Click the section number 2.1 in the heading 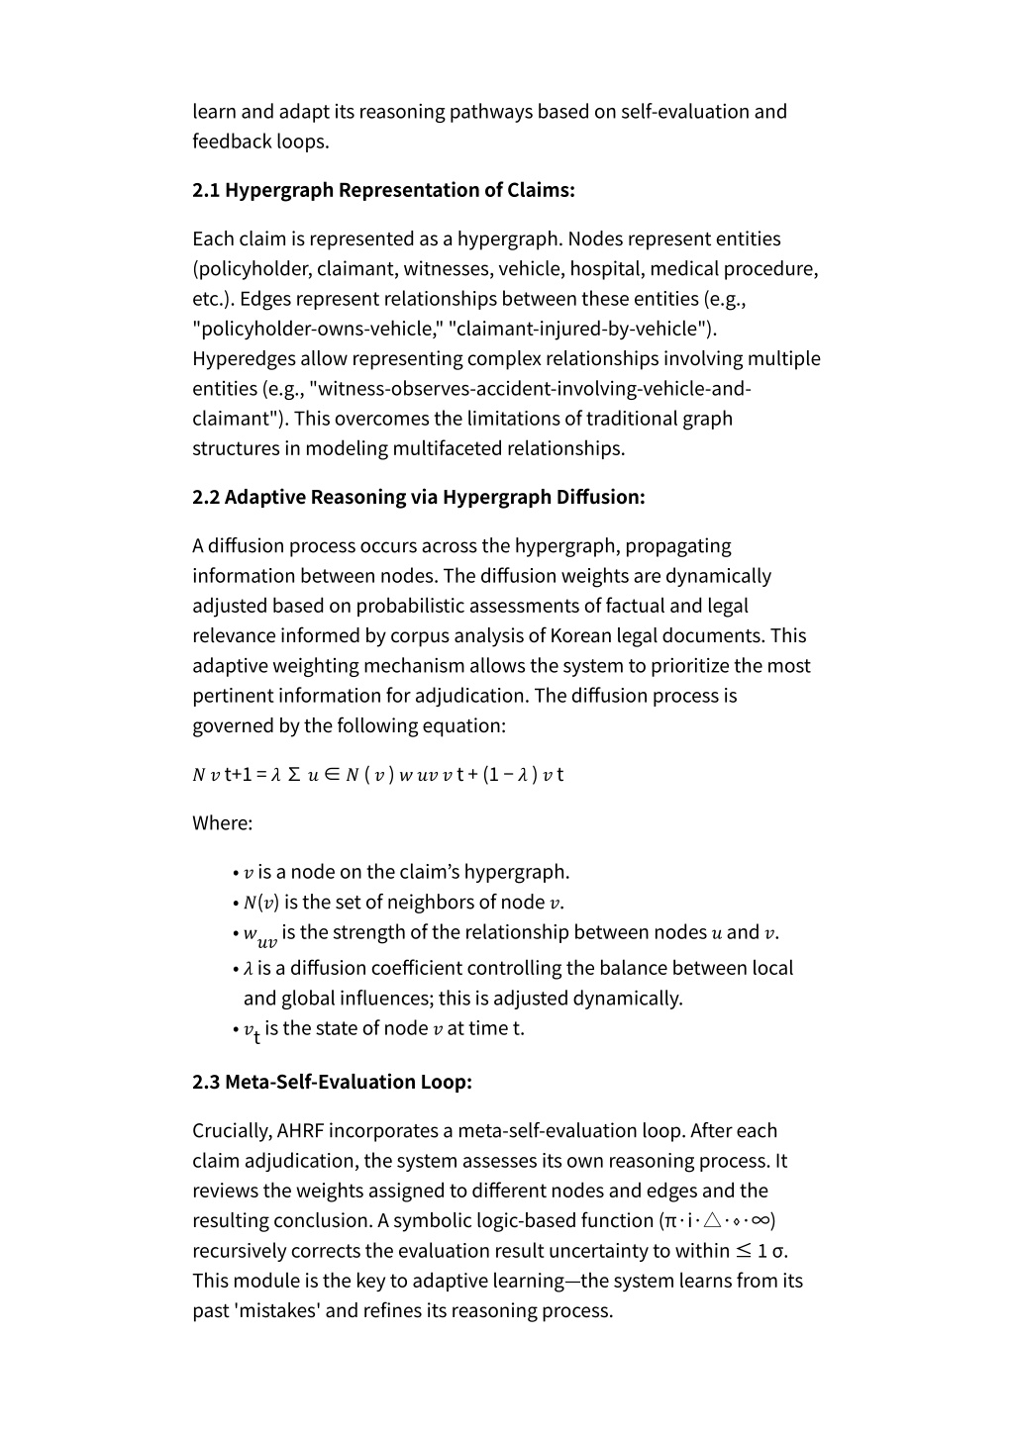[206, 190]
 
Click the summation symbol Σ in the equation [294, 775]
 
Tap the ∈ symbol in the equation [331, 775]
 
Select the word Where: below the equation [223, 823]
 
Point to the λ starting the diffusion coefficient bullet [249, 969]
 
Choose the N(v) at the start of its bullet [261, 903]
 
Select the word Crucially [232, 1131]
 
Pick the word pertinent [236, 696]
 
